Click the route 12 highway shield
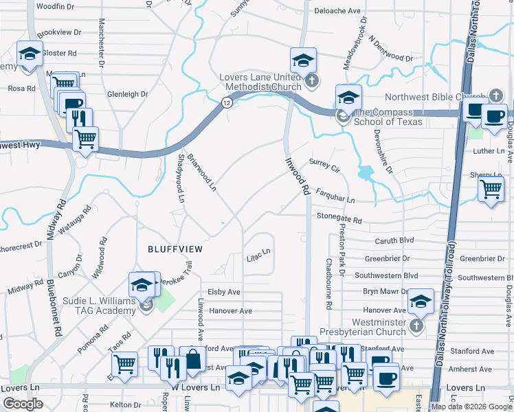226,102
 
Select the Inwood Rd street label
297,176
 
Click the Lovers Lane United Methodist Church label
260,82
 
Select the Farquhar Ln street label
335,196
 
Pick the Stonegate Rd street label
339,218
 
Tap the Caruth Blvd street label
394,241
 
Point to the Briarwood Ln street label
202,173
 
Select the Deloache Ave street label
337,11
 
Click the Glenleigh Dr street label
127,94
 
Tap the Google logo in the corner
23,403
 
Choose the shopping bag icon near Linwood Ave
193,358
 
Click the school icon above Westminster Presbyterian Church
421,300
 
